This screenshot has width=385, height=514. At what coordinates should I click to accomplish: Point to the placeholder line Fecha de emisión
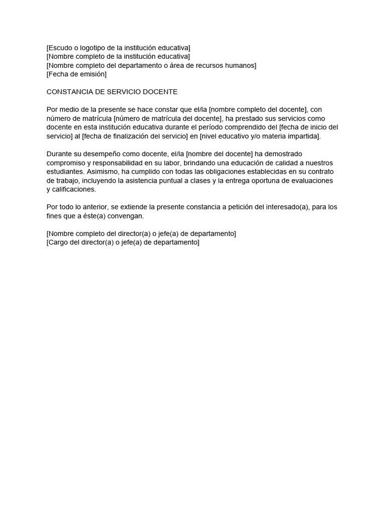coord(77,74)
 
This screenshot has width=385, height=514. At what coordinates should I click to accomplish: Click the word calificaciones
coord(74,190)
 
